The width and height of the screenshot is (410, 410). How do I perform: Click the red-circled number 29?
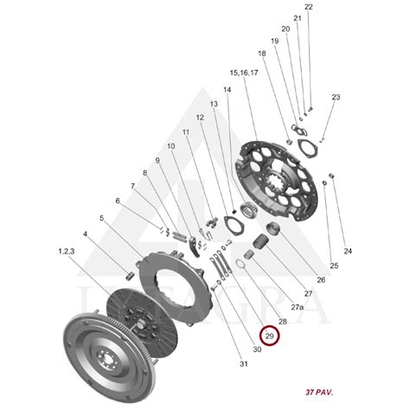[x=270, y=336]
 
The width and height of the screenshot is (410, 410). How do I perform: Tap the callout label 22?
[x=309, y=7]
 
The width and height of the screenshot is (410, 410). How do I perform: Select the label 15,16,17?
[x=244, y=73]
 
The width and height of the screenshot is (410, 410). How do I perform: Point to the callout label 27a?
[x=298, y=307]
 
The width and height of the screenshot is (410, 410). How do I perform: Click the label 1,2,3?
[x=67, y=252]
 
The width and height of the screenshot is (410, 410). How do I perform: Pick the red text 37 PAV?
[x=319, y=392]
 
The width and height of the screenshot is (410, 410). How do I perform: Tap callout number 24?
[x=348, y=251]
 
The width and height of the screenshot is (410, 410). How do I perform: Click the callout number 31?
[x=244, y=364]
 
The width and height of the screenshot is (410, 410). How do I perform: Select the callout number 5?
[x=101, y=218]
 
